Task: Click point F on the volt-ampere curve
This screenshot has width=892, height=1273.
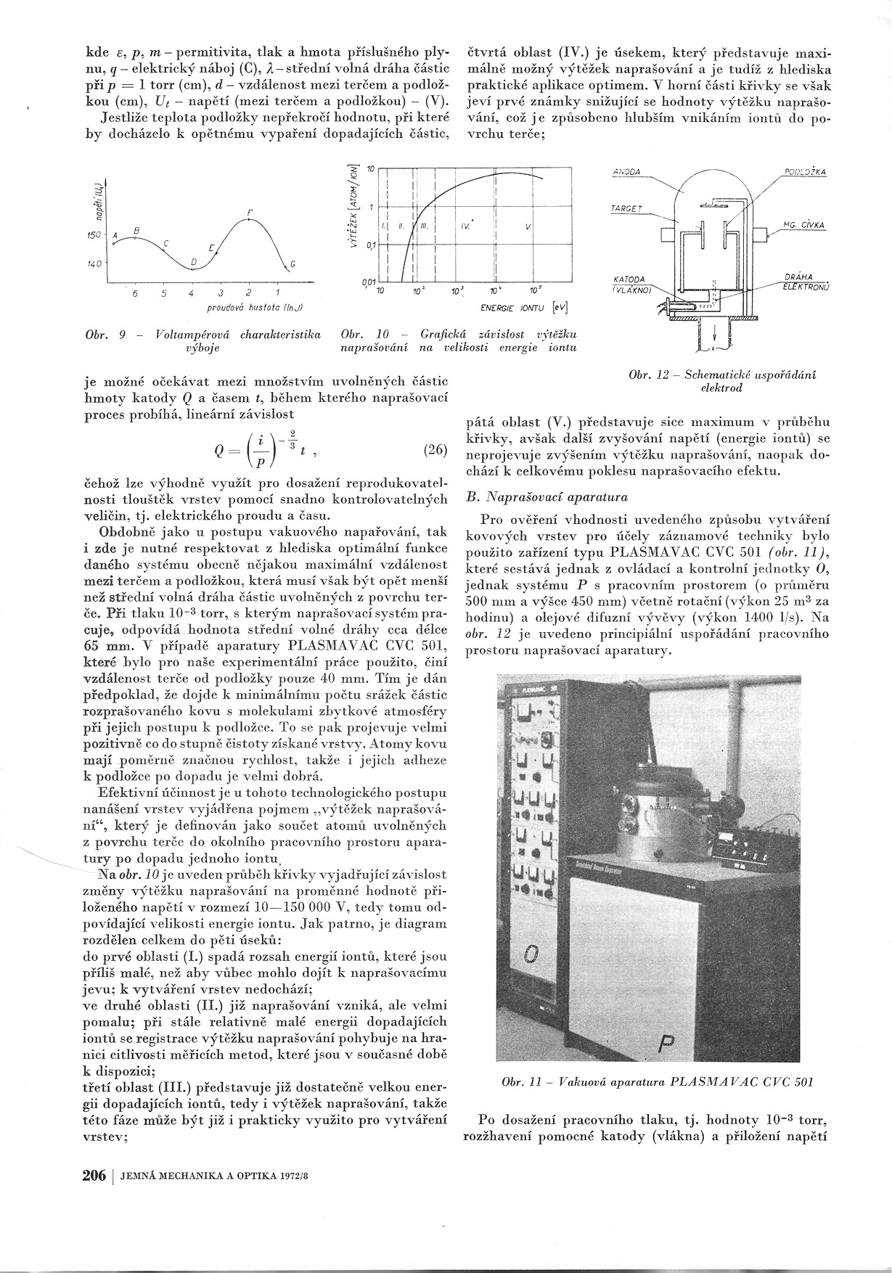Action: tap(249, 218)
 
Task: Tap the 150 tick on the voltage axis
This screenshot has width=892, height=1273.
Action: tap(94, 237)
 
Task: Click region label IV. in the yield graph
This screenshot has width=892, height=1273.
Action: tap(464, 226)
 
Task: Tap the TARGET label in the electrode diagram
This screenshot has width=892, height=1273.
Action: tap(626, 208)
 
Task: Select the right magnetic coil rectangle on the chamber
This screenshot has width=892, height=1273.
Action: tap(761, 234)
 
